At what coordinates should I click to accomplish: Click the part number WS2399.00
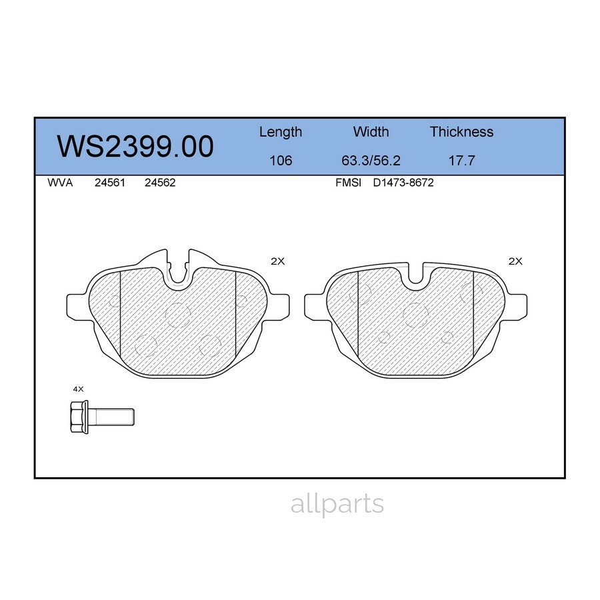click(135, 146)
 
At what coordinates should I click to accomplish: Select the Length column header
click(280, 132)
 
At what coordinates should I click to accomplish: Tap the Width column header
click(371, 132)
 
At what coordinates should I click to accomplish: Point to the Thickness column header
click(461, 132)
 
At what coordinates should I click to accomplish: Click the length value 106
click(280, 161)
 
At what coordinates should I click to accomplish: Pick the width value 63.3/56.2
click(371, 161)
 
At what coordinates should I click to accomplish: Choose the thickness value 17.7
click(461, 161)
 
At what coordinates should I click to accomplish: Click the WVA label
click(61, 183)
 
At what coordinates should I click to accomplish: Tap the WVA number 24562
click(160, 183)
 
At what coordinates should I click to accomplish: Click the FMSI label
click(348, 183)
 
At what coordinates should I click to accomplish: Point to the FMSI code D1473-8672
click(403, 183)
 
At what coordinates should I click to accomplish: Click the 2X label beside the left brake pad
click(277, 261)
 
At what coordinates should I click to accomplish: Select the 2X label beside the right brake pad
click(515, 261)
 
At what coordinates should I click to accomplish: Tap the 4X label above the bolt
click(78, 388)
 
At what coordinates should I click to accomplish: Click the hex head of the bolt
click(79, 417)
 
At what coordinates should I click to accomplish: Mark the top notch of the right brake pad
click(415, 275)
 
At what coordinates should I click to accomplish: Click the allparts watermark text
click(337, 504)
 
